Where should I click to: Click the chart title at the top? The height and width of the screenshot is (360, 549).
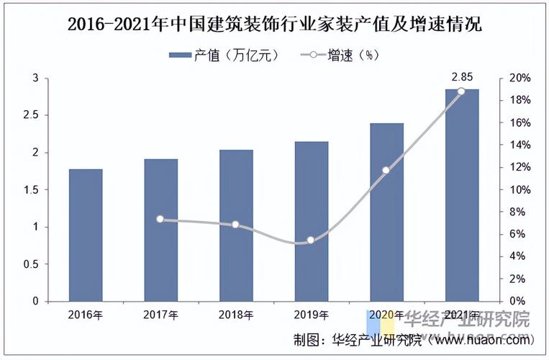coord(275,23)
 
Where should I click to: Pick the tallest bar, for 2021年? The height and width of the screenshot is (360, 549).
coord(462,194)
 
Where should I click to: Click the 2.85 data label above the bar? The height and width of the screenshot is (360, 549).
coord(462,76)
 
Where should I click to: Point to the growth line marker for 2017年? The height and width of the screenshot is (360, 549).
coord(160,219)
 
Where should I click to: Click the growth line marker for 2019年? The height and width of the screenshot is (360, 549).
coord(311,240)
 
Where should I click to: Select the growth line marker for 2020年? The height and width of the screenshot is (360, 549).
coord(386,170)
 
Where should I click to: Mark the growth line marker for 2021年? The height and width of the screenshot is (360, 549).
coord(461,91)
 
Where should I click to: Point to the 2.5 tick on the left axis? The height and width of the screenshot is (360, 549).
coord(35,115)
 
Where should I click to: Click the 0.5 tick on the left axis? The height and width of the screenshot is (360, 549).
coord(35,264)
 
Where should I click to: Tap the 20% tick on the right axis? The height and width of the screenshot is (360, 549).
coord(520,78)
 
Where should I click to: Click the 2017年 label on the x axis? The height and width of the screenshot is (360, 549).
coord(160,315)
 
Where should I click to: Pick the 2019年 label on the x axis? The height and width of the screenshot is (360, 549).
coord(311,315)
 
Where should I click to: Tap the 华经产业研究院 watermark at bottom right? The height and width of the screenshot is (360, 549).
coord(466,319)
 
